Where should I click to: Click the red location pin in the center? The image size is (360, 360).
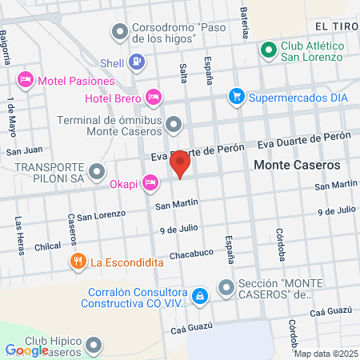coord(181,166)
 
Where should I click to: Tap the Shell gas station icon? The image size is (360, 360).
coord(138,61)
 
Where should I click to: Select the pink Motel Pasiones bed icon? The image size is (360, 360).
coord(25,80)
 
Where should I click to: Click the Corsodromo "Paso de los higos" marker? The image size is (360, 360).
coord(121,31)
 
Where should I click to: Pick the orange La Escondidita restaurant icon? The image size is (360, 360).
coord(78,261)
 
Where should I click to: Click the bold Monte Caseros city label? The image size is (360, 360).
coord(297,165)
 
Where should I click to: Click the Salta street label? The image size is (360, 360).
coord(184,72)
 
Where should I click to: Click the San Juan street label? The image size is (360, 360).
coord(24,150)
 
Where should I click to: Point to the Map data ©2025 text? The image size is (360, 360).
coord(326,354)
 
